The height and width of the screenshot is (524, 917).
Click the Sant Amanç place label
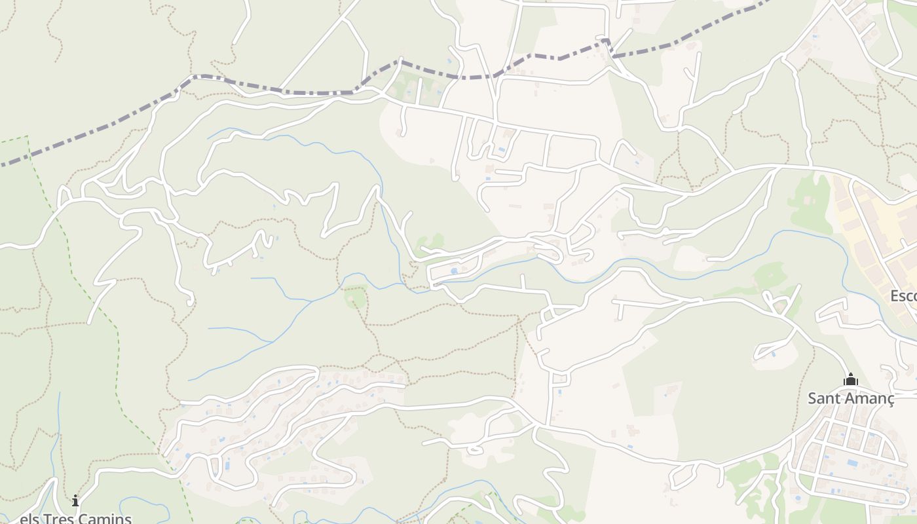click(x=850, y=398)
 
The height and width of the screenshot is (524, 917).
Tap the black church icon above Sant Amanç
click(x=850, y=379)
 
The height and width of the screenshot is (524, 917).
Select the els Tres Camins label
click(x=75, y=518)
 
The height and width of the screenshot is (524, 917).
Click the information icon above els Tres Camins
click(x=75, y=501)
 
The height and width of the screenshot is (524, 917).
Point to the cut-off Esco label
click(x=903, y=296)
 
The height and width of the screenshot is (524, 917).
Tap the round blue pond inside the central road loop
click(x=454, y=271)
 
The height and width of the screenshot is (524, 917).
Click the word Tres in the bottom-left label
click(x=58, y=518)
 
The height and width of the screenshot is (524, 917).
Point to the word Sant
click(x=823, y=398)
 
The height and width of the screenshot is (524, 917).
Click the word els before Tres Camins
click(x=29, y=518)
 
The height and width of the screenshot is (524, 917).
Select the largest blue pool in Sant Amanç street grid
click(x=852, y=462)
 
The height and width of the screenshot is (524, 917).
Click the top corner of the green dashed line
click(x=28, y=136)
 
